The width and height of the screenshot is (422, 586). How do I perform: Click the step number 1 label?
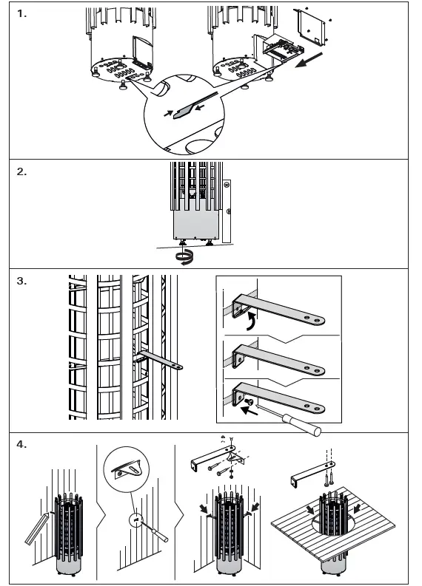click(21, 14)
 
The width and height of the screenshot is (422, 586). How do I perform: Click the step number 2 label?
click(21, 171)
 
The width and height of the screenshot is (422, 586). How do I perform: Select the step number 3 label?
click(21, 281)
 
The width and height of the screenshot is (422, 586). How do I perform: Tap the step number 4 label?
click(21, 444)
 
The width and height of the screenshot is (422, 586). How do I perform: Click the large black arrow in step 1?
click(309, 60)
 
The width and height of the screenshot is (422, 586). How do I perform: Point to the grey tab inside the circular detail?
click(184, 111)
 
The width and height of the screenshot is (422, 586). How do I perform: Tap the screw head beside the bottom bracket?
click(248, 402)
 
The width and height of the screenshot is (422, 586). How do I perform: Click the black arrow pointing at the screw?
click(249, 411)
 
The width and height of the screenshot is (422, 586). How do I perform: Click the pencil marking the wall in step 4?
click(37, 528)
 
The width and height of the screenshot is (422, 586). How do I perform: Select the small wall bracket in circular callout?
click(126, 469)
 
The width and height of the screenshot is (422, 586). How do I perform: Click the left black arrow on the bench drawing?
click(310, 510)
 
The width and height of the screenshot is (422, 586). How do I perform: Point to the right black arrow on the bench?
click(356, 508)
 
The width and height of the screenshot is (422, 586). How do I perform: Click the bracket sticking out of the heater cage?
click(160, 360)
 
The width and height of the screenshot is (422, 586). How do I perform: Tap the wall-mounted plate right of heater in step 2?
click(226, 211)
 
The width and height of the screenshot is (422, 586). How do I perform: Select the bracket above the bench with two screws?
click(312, 472)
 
